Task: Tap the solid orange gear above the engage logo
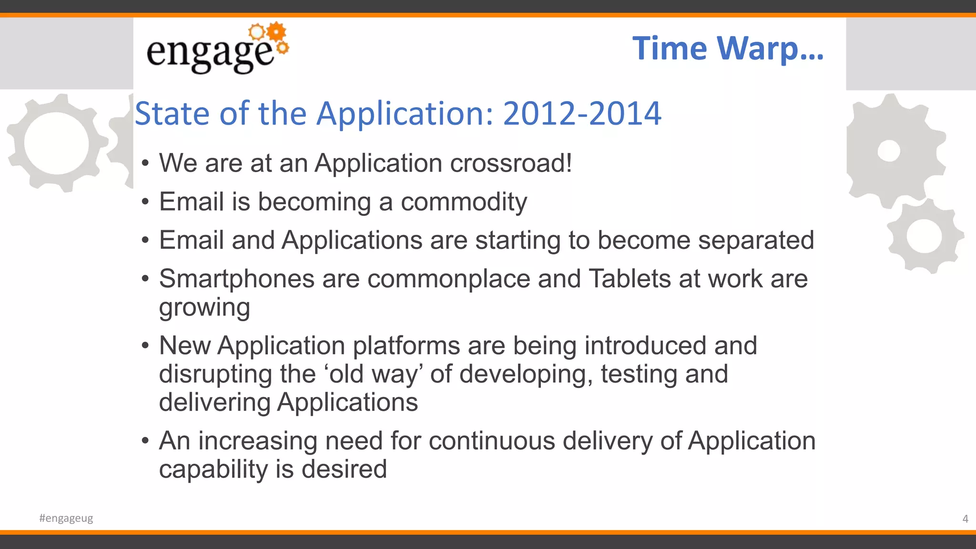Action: click(x=276, y=32)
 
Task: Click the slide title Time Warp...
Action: click(x=727, y=49)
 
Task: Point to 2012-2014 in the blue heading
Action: click(x=582, y=114)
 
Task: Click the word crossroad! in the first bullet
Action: click(x=510, y=163)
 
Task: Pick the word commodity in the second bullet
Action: click(x=464, y=202)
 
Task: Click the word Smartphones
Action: click(x=236, y=279)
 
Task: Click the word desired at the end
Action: click(x=344, y=469)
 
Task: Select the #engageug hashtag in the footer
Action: click(x=66, y=518)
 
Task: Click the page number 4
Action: click(x=965, y=518)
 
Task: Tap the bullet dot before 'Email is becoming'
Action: click(x=145, y=202)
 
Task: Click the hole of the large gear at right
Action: click(x=889, y=151)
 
